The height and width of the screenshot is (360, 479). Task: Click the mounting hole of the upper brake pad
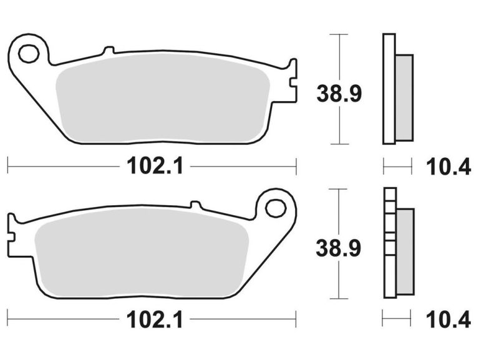(x=29, y=53)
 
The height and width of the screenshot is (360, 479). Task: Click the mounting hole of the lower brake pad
(x=275, y=208)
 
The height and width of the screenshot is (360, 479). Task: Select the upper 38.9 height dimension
(x=339, y=94)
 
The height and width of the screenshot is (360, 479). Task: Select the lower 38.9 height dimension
(x=339, y=249)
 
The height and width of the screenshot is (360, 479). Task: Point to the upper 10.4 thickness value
(x=448, y=167)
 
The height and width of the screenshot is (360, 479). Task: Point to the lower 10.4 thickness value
(x=448, y=322)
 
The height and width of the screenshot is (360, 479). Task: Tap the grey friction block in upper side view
(x=404, y=97)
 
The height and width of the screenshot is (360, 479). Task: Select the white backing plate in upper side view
(x=389, y=87)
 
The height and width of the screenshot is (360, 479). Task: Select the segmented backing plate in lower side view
(x=389, y=243)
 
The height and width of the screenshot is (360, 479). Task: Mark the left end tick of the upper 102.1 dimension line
(x=7, y=167)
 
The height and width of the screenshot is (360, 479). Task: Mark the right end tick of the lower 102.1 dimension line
(x=296, y=322)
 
